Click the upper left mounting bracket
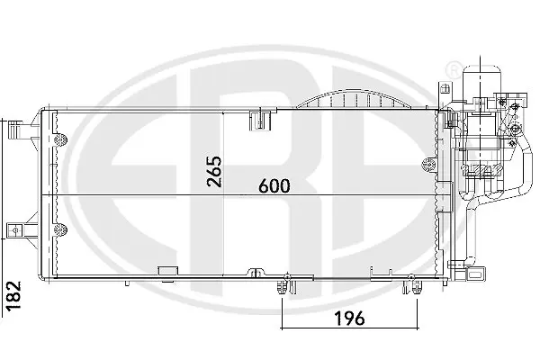click(15, 134)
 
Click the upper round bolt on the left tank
click(63, 139)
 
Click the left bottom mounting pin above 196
click(284, 286)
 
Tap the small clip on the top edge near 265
click(265, 115)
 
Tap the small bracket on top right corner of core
click(444, 93)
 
